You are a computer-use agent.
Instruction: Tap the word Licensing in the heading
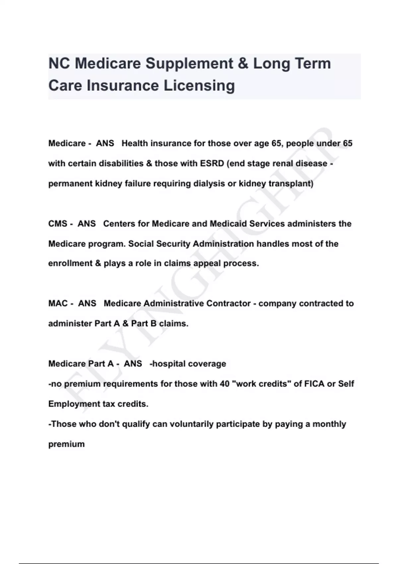point(199,86)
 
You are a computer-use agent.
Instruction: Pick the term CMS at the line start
point(58,224)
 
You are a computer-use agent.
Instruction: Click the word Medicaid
point(229,224)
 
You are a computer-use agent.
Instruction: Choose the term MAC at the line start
point(58,304)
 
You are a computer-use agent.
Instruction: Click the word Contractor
point(229,304)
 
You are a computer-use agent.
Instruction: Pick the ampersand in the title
point(243,64)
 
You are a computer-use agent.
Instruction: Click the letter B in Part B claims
point(153,323)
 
